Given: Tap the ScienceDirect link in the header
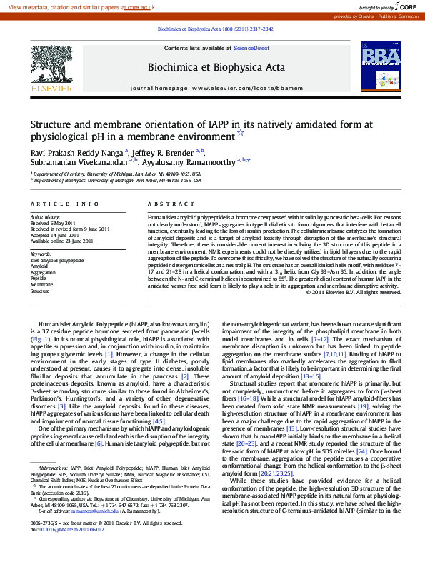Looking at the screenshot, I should [251, 48].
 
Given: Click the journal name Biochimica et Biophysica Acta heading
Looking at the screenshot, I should [216, 67].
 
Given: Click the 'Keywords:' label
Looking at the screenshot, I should [41, 254].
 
